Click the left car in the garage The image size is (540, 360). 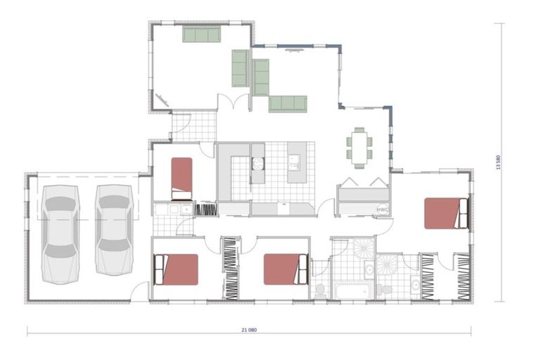coord(60,233)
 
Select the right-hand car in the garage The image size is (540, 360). coord(114,229)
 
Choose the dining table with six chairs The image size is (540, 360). coord(359,147)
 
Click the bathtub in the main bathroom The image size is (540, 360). coord(349,290)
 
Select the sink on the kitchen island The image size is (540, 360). coord(295,164)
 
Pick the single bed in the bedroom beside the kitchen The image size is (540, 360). coord(181,179)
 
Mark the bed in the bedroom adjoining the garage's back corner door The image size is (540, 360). coord(176,269)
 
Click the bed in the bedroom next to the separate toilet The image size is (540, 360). coord(285,269)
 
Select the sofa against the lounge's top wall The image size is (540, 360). coord(202,34)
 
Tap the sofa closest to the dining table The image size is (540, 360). coord(288,103)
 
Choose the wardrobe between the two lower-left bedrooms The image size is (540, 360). coord(231,269)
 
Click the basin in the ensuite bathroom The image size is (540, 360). coord(416,285)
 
